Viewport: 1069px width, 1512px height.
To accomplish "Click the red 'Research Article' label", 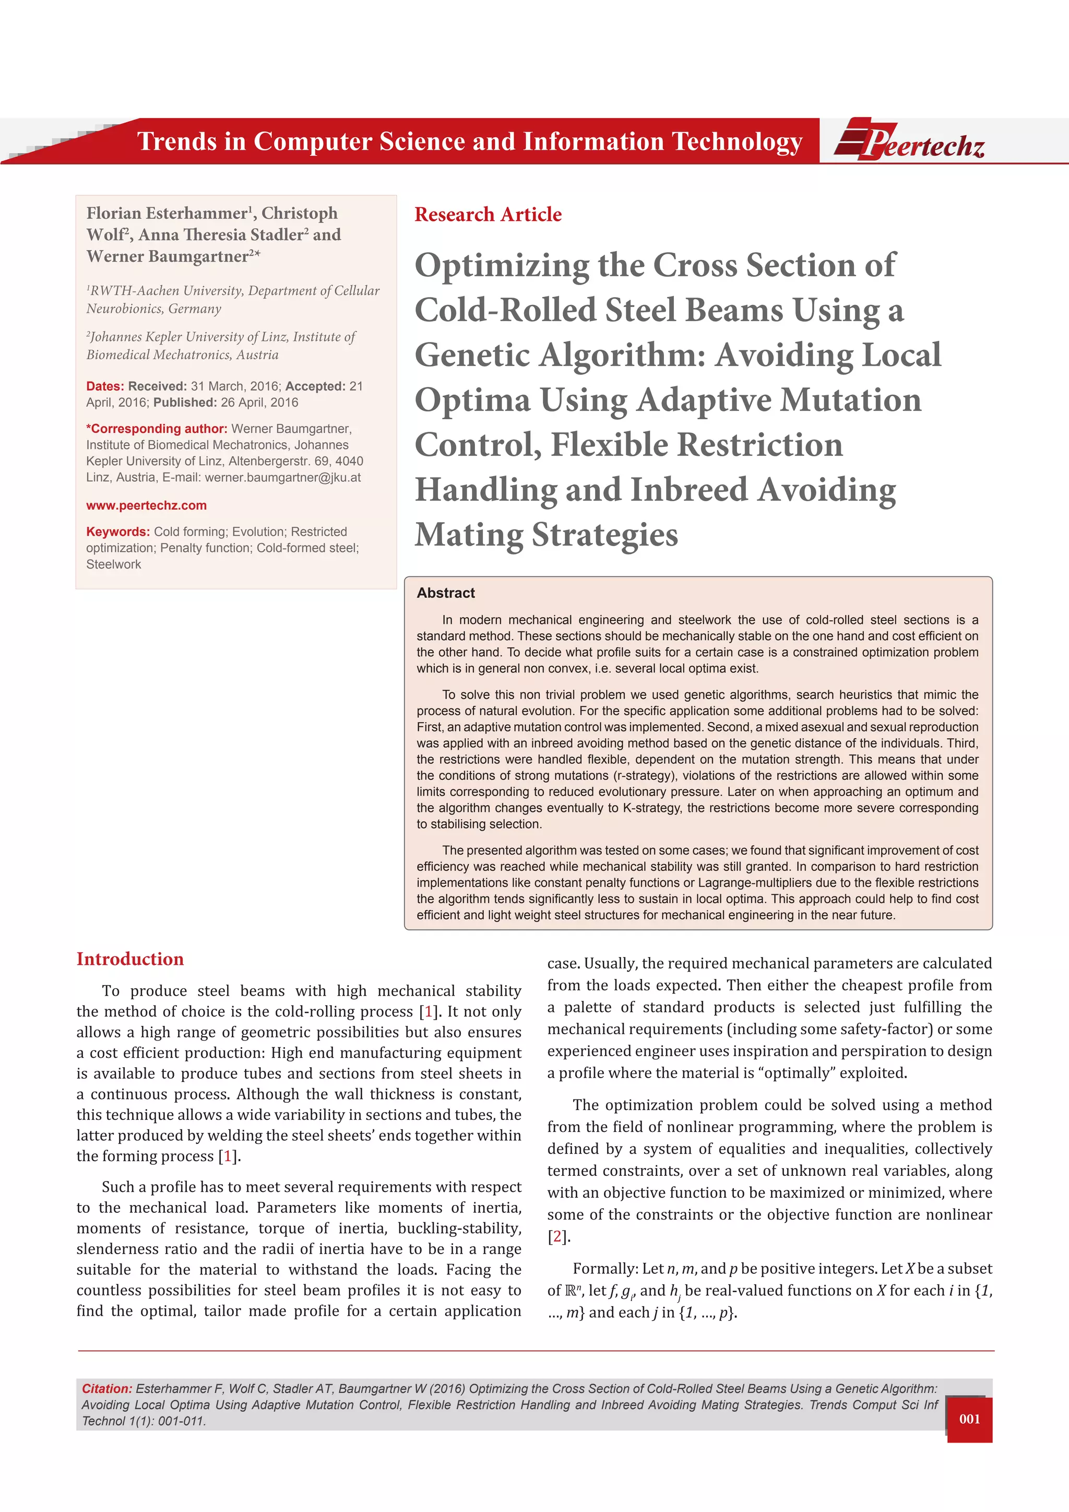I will coord(488,215).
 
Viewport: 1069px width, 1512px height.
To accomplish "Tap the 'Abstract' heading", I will coord(446,593).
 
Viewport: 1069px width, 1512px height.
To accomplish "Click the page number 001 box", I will coord(969,1419).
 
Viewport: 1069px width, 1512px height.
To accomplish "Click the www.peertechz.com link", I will coord(146,505).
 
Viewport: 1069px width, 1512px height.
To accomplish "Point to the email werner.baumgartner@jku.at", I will coord(282,477).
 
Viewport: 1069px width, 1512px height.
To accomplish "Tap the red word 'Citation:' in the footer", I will coord(106,1389).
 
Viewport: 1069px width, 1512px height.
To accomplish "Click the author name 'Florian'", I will coord(113,214).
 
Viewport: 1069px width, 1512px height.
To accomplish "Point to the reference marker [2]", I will coord(557,1237).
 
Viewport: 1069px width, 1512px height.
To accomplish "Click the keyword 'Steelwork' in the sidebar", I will coord(113,564).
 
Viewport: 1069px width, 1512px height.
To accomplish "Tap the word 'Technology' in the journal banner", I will coord(737,141).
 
